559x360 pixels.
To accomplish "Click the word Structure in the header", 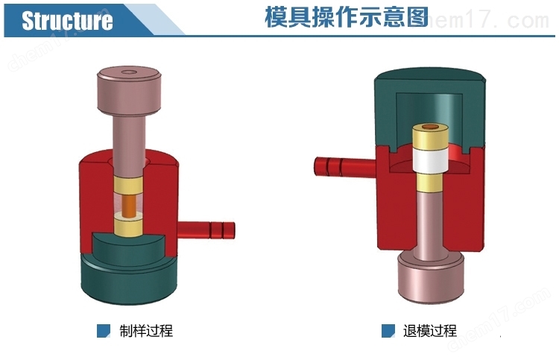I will point(67,20).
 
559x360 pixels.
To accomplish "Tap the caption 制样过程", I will point(146,330).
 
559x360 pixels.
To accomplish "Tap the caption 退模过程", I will point(429,330).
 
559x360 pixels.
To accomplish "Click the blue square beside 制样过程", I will point(104,330).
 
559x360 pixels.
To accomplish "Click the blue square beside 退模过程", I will point(388,330).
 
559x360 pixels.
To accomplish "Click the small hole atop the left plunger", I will point(130,72).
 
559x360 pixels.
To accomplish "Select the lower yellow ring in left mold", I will point(130,223).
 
